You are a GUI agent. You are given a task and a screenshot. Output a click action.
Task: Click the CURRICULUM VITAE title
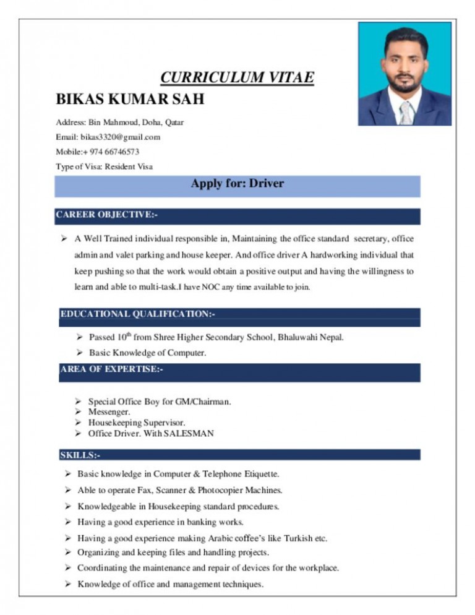point(237,78)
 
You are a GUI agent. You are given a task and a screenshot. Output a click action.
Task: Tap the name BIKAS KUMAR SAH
point(130,100)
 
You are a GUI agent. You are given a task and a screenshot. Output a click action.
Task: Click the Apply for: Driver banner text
point(237,184)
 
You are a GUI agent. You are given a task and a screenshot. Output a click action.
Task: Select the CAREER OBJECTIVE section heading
point(106,215)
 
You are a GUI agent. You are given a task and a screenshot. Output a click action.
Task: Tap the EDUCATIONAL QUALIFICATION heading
point(138,314)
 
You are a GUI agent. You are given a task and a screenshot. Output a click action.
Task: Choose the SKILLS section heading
point(80,455)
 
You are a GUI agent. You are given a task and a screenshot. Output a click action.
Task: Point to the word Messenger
point(109,411)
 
